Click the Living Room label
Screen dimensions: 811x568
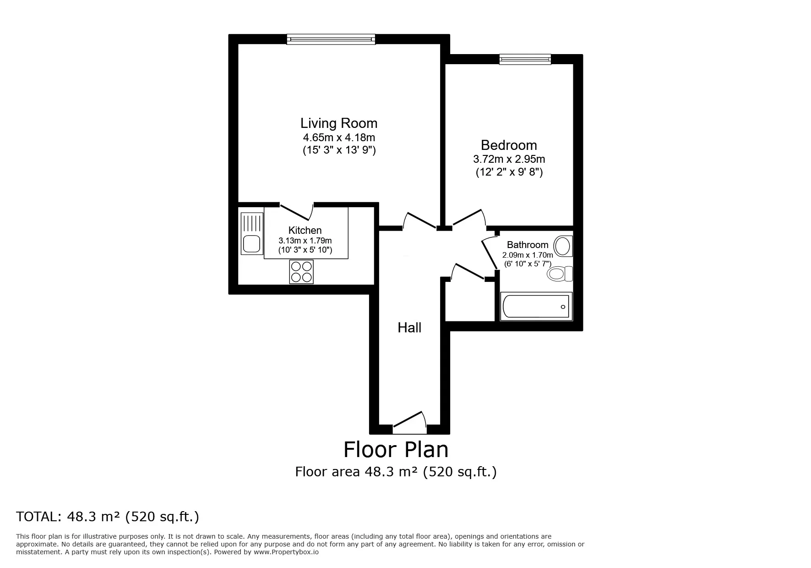[339, 123]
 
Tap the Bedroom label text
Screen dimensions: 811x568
[509, 145]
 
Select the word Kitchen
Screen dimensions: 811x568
[305, 230]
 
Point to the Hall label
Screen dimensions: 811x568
[409, 327]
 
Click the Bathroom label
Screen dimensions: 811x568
[528, 245]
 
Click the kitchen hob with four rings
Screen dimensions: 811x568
[301, 271]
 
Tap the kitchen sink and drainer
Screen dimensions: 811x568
[252, 233]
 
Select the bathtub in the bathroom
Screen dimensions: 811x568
[536, 306]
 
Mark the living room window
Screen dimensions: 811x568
[331, 39]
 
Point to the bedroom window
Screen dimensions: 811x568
[525, 59]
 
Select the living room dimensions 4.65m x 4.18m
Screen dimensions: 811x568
[339, 137]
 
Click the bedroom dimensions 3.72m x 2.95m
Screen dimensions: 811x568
[509, 159]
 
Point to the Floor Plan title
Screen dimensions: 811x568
[396, 449]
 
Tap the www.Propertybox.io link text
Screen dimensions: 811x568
[286, 552]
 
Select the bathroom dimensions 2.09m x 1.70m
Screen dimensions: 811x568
[528, 255]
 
